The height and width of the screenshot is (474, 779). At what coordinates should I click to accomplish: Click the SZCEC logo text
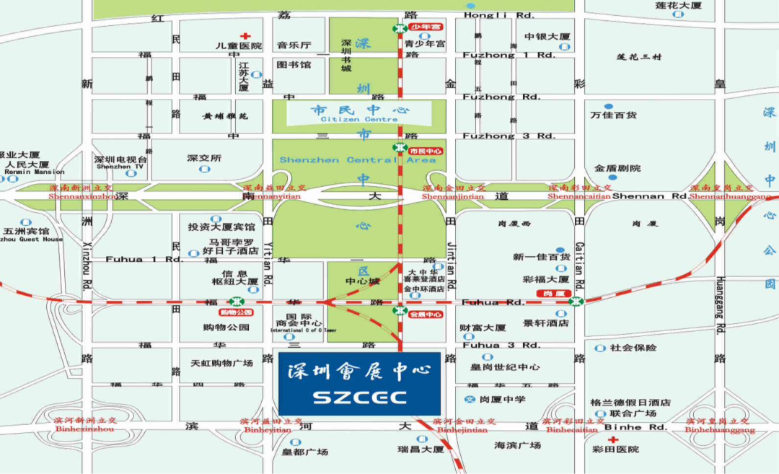(359, 398)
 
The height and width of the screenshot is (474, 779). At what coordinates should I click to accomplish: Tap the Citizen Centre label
(361, 119)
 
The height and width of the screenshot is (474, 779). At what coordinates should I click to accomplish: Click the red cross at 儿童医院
(245, 35)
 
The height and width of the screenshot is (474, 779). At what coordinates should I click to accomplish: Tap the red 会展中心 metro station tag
(425, 315)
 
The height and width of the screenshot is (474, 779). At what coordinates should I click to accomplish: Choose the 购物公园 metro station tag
(235, 312)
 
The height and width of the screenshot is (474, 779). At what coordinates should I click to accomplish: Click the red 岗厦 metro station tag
(555, 294)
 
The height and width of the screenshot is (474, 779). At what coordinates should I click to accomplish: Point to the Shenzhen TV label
(120, 167)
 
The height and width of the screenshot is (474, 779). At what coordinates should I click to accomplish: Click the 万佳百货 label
(613, 115)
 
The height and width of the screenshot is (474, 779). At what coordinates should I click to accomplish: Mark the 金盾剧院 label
(617, 168)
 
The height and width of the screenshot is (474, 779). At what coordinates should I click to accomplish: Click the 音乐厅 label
(293, 45)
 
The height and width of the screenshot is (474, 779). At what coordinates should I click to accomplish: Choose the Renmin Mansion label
(34, 172)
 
